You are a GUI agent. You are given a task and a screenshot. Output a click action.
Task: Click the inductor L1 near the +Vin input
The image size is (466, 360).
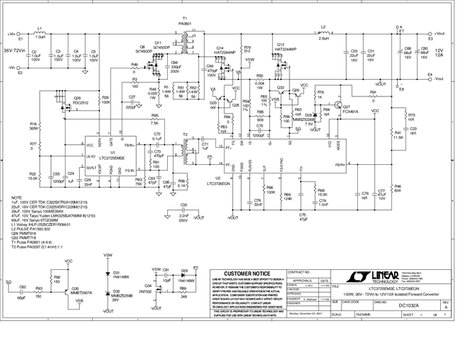click(40, 34)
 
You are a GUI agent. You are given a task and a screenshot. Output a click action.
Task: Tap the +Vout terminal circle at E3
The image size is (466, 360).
click(426, 34)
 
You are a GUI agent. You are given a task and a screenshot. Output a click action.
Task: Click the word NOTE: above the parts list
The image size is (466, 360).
click(17, 197)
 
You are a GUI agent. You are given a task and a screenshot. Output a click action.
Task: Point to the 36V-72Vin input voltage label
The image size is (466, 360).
click(17, 50)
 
